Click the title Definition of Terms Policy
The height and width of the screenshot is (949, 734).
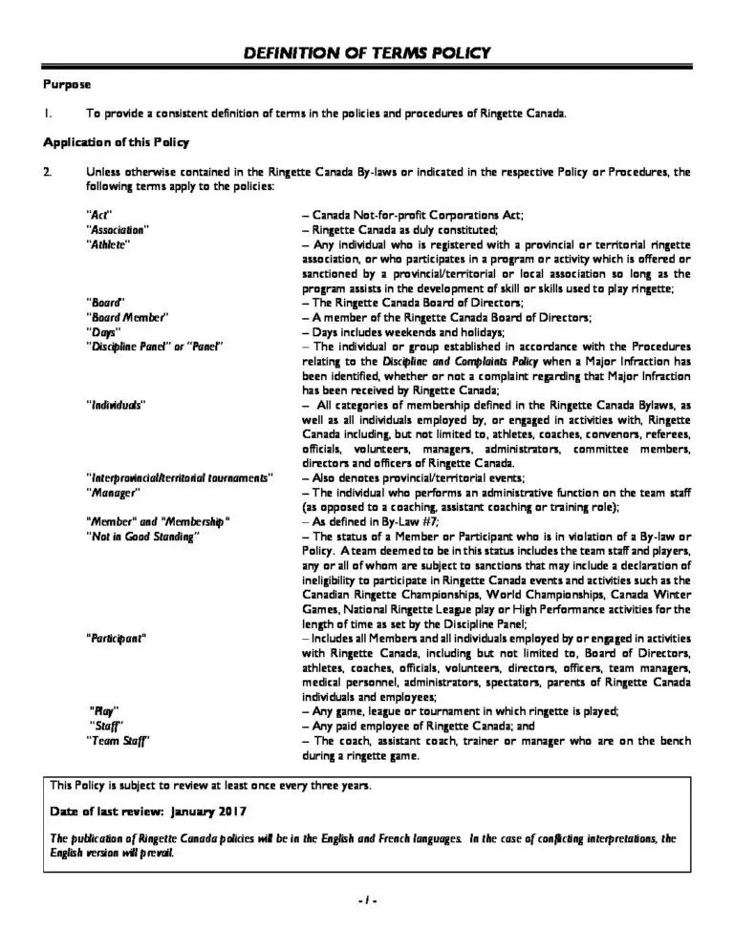[x=367, y=53]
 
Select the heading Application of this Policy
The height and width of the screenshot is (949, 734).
[x=117, y=142]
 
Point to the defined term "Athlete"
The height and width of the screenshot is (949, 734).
[x=108, y=244]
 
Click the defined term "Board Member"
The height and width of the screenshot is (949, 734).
[x=127, y=316]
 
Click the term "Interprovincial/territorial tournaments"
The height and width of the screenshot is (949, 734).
[x=180, y=476]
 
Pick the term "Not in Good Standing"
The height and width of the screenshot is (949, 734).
[x=142, y=537]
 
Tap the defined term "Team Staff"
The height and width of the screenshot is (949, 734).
[x=118, y=740]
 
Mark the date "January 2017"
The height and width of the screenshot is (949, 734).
[x=207, y=811]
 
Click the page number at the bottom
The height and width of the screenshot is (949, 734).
[x=367, y=898]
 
